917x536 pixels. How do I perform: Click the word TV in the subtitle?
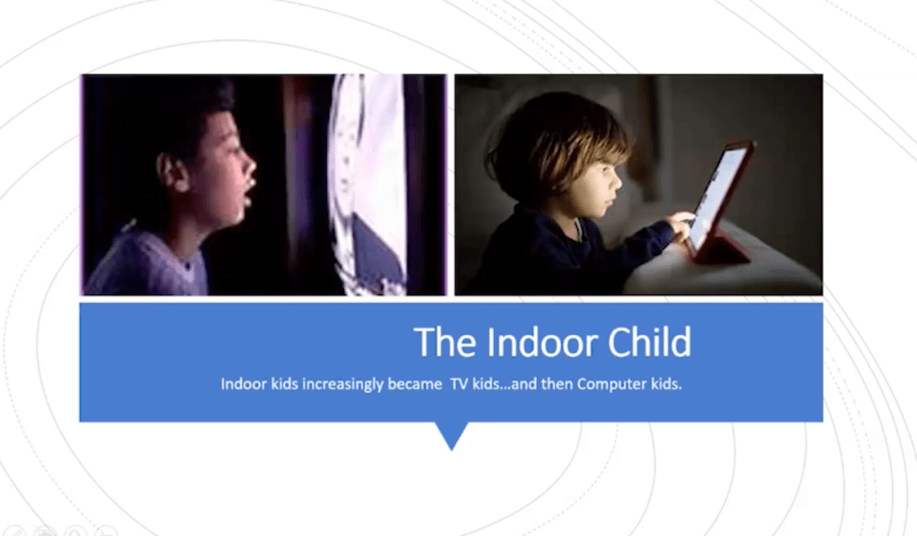tap(458, 384)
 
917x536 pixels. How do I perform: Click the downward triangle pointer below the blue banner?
tap(452, 436)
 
